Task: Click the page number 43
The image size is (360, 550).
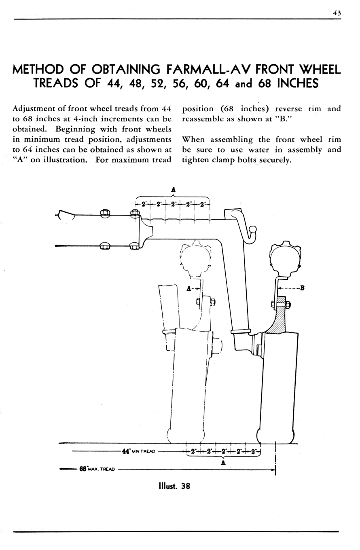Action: [337, 13]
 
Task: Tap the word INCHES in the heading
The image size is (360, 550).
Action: [298, 83]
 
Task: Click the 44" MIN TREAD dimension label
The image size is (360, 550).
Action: [138, 451]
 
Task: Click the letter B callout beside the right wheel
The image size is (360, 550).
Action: [302, 288]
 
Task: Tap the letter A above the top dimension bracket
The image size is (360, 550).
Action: [174, 190]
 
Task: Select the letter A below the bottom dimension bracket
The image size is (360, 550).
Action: [223, 463]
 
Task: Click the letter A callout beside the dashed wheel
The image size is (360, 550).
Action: [188, 289]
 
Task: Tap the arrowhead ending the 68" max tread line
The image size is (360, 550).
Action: [273, 470]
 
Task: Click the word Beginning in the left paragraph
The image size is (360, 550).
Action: [75, 129]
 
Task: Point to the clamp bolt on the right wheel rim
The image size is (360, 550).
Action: [281, 305]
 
